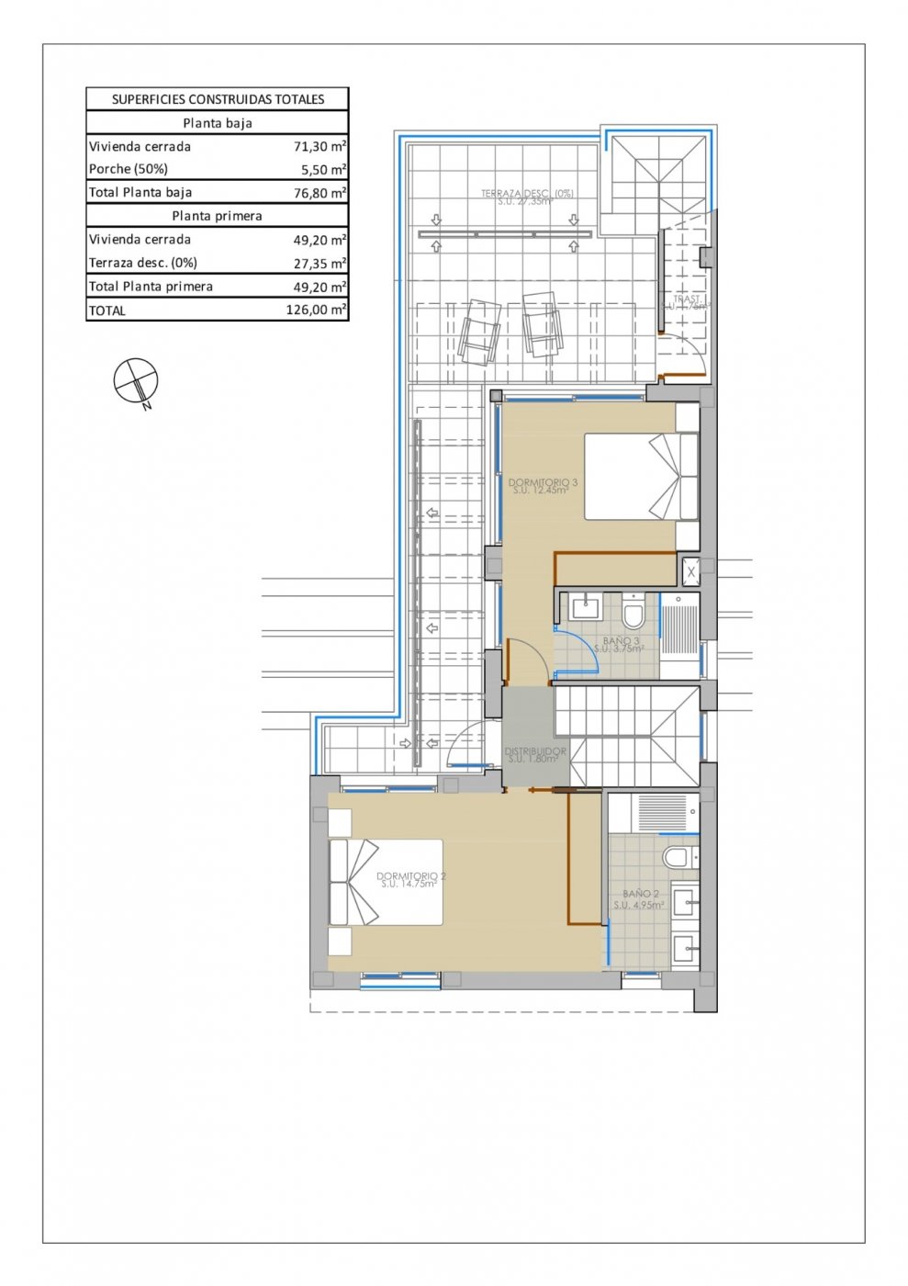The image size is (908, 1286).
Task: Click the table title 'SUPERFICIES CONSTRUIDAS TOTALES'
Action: pos(218,99)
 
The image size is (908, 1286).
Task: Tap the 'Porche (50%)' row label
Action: pos(129,169)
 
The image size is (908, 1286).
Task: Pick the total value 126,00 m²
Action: pos(316,310)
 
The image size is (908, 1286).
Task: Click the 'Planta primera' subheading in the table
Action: pos(218,216)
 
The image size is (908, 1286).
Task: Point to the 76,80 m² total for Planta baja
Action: pos(316,193)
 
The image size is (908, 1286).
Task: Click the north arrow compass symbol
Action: pos(136,380)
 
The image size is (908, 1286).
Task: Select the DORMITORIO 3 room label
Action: pos(543,483)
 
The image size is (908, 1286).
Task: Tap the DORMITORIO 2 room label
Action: pos(410,876)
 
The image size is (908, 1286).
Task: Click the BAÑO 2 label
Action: pos(640,894)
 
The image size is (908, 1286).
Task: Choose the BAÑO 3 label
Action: pos(621,641)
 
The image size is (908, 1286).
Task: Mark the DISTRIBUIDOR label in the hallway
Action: pos(535,751)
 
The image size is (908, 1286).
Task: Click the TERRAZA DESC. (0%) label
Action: pos(527,194)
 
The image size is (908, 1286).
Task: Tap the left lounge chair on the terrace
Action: pos(479,330)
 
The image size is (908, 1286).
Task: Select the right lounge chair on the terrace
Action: pos(542,323)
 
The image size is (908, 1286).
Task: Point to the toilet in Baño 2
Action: pos(678,858)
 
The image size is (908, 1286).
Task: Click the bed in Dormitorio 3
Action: pos(641,477)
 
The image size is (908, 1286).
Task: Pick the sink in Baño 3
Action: pos(585,607)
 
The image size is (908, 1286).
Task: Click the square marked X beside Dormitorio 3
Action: pos(691,572)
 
